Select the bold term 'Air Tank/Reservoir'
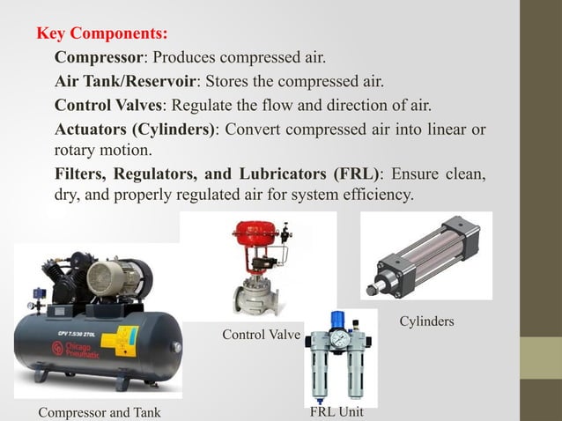[x=124, y=83]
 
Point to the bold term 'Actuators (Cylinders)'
[x=135, y=129]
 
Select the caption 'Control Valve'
[x=261, y=335]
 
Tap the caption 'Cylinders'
[x=427, y=321]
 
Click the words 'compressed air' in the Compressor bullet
[x=281, y=60]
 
